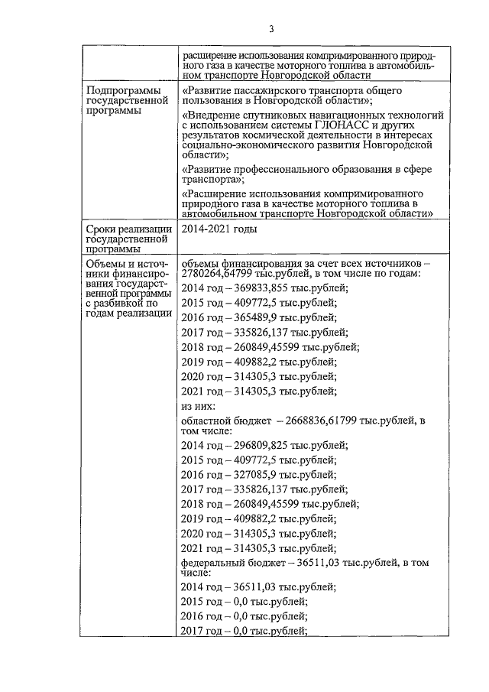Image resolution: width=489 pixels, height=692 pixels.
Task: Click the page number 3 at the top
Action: pyautogui.click(x=270, y=29)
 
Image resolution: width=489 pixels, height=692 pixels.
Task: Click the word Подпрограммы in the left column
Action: pyautogui.click(x=118, y=91)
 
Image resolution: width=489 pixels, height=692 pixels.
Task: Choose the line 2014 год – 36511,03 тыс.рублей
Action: pyautogui.click(x=257, y=587)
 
